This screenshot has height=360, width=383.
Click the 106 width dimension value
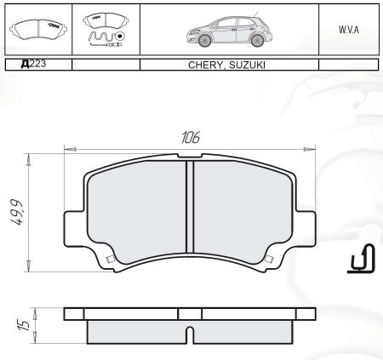(x=191, y=137)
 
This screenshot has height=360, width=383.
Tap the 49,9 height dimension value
(x=17, y=212)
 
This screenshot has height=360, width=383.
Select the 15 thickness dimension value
(x=24, y=325)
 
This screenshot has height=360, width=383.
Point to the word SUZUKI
(x=247, y=65)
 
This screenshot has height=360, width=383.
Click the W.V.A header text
(x=349, y=30)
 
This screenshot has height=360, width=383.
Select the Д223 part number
(x=33, y=64)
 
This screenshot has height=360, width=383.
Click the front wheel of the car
(x=204, y=41)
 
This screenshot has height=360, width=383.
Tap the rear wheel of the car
(x=257, y=41)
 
